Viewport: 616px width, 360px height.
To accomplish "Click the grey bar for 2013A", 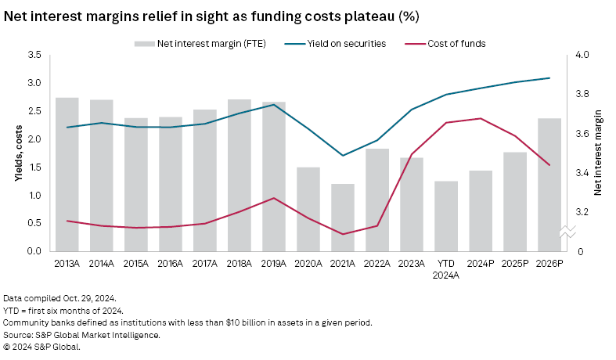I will click(x=67, y=174).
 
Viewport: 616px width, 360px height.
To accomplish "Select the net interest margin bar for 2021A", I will click(x=343, y=217).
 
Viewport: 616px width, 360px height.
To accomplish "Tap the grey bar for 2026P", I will click(x=549, y=185).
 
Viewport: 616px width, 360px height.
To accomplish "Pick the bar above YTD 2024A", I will click(x=446, y=216).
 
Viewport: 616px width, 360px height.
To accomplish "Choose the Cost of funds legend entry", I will click(x=457, y=44).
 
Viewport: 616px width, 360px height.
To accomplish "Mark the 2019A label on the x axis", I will click(x=274, y=264).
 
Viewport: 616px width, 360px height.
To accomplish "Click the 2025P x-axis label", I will click(x=515, y=264).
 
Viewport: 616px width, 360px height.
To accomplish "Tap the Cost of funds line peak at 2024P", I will click(x=481, y=118).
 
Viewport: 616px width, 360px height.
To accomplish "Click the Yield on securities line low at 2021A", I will click(x=343, y=155).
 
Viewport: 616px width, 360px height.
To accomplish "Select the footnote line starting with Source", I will click(x=81, y=335).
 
